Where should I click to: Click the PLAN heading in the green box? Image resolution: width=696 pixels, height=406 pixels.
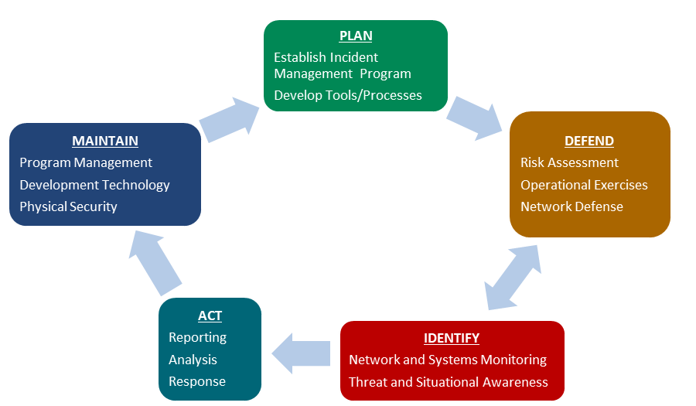click(x=356, y=36)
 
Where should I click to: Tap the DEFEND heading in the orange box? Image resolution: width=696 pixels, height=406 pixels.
click(x=589, y=141)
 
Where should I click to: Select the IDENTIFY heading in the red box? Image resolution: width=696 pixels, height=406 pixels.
click(x=452, y=338)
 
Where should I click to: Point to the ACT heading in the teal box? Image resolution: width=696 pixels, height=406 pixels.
click(x=210, y=316)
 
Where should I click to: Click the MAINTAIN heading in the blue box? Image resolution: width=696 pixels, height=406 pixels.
click(x=105, y=141)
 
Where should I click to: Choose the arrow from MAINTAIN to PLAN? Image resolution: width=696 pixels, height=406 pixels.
click(x=231, y=120)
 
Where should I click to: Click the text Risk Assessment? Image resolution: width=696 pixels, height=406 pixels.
click(x=569, y=162)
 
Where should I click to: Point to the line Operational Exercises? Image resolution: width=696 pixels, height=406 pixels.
click(x=584, y=185)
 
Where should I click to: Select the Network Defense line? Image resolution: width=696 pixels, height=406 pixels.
click(x=571, y=206)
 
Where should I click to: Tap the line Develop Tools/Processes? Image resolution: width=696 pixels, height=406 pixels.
click(x=348, y=95)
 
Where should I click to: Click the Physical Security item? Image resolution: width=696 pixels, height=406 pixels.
click(x=68, y=206)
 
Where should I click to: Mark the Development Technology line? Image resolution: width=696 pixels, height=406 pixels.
click(x=94, y=185)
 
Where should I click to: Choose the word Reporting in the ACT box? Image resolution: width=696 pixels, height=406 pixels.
click(x=197, y=337)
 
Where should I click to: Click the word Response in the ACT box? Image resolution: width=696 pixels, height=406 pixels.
click(x=196, y=381)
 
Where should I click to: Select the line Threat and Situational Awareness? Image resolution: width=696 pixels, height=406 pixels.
click(x=448, y=382)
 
